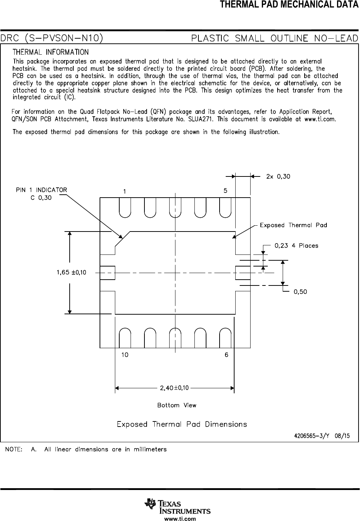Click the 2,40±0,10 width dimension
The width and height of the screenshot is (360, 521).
(174, 388)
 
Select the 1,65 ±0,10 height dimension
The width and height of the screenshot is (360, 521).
(71, 272)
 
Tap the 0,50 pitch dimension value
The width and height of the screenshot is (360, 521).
(300, 292)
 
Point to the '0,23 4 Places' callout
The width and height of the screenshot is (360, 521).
(296, 246)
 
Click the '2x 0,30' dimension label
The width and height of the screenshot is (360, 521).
(278, 176)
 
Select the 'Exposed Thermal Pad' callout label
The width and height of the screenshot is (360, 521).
(293, 225)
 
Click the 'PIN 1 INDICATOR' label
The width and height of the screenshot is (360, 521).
(41, 190)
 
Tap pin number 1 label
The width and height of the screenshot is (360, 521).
(124, 191)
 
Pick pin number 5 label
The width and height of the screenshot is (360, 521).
(225, 191)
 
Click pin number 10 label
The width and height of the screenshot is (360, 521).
(125, 355)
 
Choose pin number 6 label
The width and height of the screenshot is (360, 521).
(227, 355)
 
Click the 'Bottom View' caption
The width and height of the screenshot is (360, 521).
(177, 405)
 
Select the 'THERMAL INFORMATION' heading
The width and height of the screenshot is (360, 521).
(51, 52)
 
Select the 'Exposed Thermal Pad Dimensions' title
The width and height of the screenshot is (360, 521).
(182, 424)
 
